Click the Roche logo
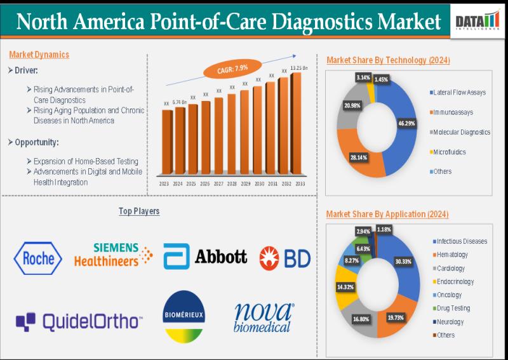click(x=38, y=258)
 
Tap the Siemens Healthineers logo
click(x=113, y=254)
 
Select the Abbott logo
click(x=205, y=257)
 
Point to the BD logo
click(x=283, y=257)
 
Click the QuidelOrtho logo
click(x=78, y=321)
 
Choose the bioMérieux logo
click(x=184, y=316)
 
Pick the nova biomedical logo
click(x=263, y=317)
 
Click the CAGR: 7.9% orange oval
click(x=232, y=69)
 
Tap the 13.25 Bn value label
click(x=298, y=68)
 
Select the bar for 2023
click(x=166, y=142)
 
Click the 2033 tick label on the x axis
click(x=298, y=183)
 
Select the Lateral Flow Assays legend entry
click(x=458, y=93)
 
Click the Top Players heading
click(x=139, y=211)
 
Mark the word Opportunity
click(x=36, y=142)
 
